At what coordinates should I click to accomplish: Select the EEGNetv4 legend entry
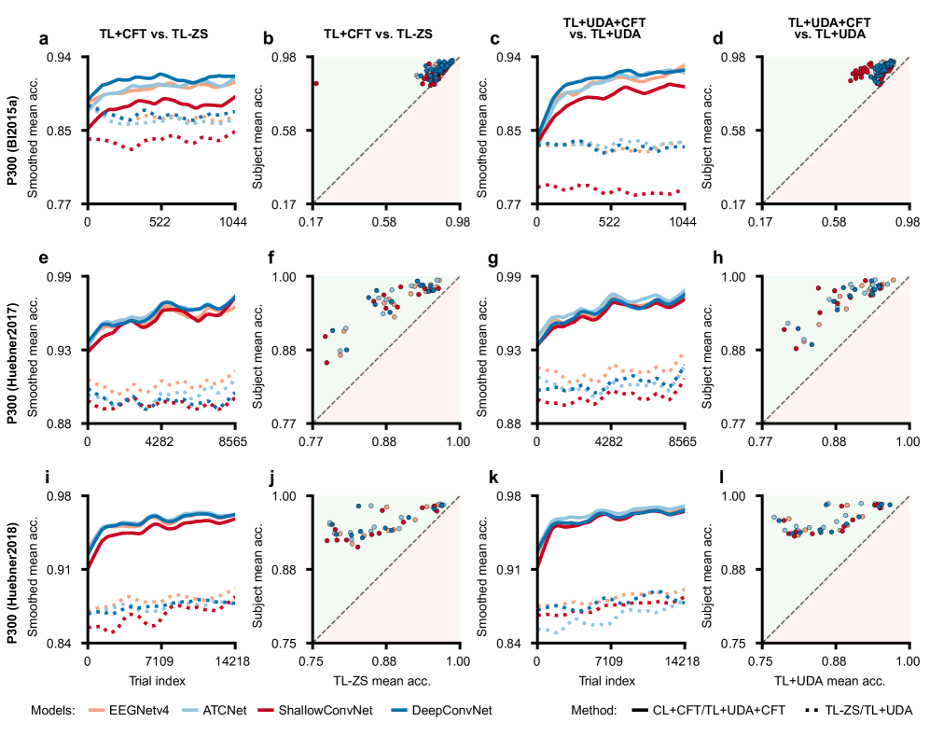pos(127,711)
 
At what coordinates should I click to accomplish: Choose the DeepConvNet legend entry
pos(449,711)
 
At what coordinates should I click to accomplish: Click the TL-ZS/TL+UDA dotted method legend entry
pos(854,711)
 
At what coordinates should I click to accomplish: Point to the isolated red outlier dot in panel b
pos(316,83)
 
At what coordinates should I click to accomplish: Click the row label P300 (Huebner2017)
pos(16,349)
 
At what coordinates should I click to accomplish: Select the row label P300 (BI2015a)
pos(16,130)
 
